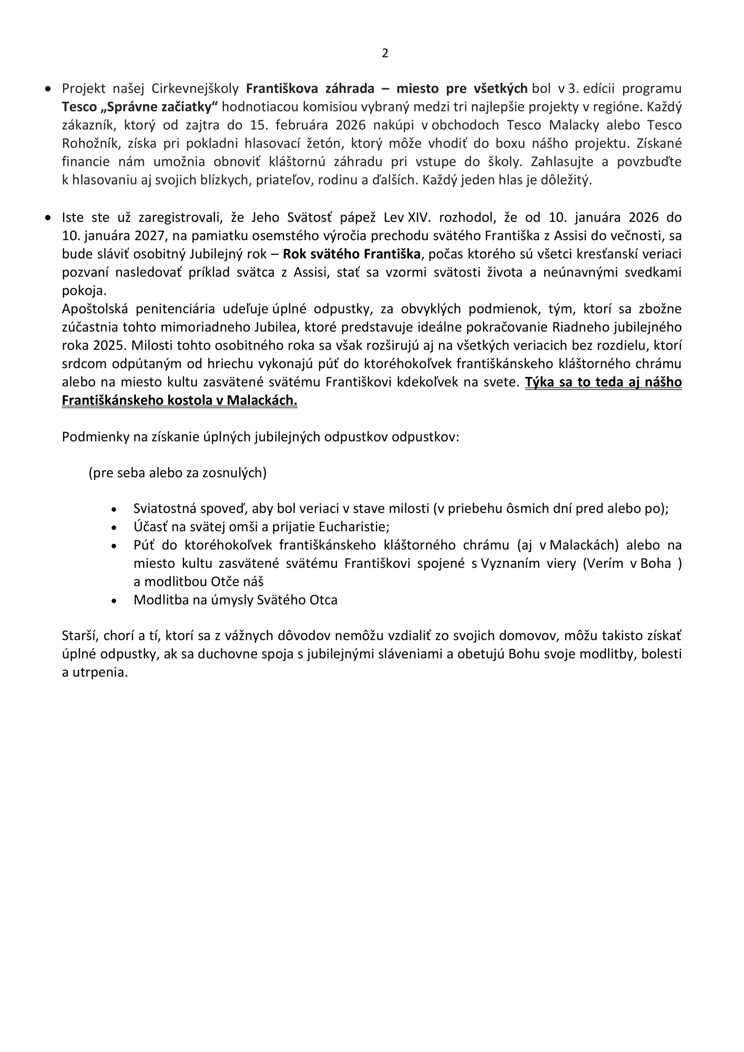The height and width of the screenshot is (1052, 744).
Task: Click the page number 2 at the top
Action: [x=385, y=53]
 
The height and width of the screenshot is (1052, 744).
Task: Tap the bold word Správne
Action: [x=126, y=107]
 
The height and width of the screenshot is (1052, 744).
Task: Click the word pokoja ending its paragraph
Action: [x=83, y=291]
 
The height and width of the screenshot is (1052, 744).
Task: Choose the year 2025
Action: [x=109, y=346]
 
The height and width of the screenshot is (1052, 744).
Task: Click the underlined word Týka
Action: [x=539, y=382]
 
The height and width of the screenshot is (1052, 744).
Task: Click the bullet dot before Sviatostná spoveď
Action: [x=114, y=510]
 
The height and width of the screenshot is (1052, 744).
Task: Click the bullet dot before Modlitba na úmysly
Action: [x=114, y=601]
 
